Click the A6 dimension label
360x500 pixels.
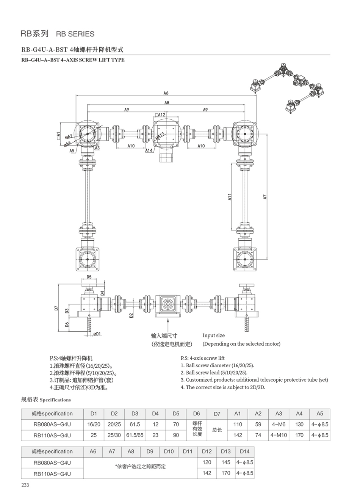pos(166,93)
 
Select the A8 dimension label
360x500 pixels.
pos(167,102)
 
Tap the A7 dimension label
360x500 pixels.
pos(265,196)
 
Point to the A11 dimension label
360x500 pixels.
pos(229,197)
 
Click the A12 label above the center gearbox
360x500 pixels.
pos(161,114)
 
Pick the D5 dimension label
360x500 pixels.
pos(89,277)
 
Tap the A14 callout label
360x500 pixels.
pos(149,150)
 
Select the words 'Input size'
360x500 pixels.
pos(213,335)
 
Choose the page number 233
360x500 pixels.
pos(25,485)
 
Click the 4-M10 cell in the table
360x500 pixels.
pos(279,435)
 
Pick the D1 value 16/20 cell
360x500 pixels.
pos(94,425)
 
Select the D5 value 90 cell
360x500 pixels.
pos(176,435)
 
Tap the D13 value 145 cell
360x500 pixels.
pos(226,462)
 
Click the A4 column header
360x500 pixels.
pos(299,414)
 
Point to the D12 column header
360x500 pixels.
pos(207,451)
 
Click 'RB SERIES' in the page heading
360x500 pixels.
pos(75,34)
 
